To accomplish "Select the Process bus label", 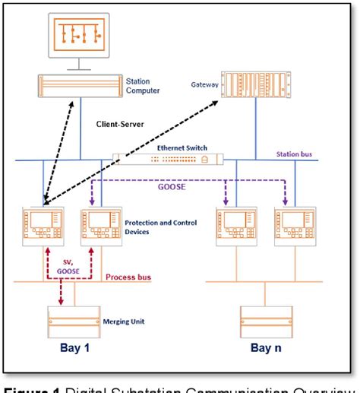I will [126, 278].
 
